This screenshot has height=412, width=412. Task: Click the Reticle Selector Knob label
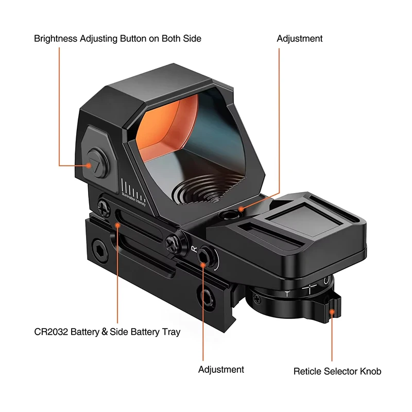coord(337,371)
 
